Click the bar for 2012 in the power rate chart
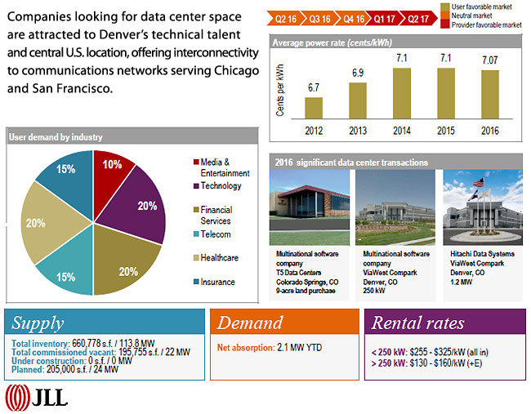[314, 108]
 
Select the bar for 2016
[489, 94]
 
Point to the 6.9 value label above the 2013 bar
[358, 73]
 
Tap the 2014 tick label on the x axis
[402, 129]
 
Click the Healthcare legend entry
[218, 258]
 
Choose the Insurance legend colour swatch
[196, 283]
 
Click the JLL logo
[37, 398]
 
